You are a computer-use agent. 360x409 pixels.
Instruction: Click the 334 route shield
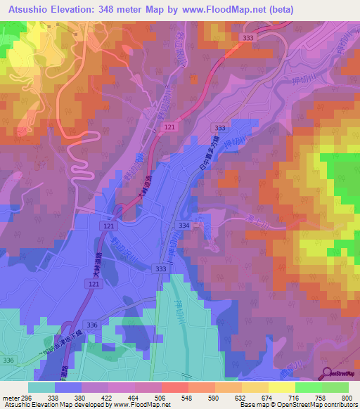[x=184, y=225]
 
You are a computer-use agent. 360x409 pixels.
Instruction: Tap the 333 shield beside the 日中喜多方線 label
[x=221, y=128]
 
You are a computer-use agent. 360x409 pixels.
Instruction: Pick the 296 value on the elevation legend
[x=27, y=397]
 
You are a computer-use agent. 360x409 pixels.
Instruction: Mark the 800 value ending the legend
[x=347, y=397]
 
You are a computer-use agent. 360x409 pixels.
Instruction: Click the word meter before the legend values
[x=10, y=397]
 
